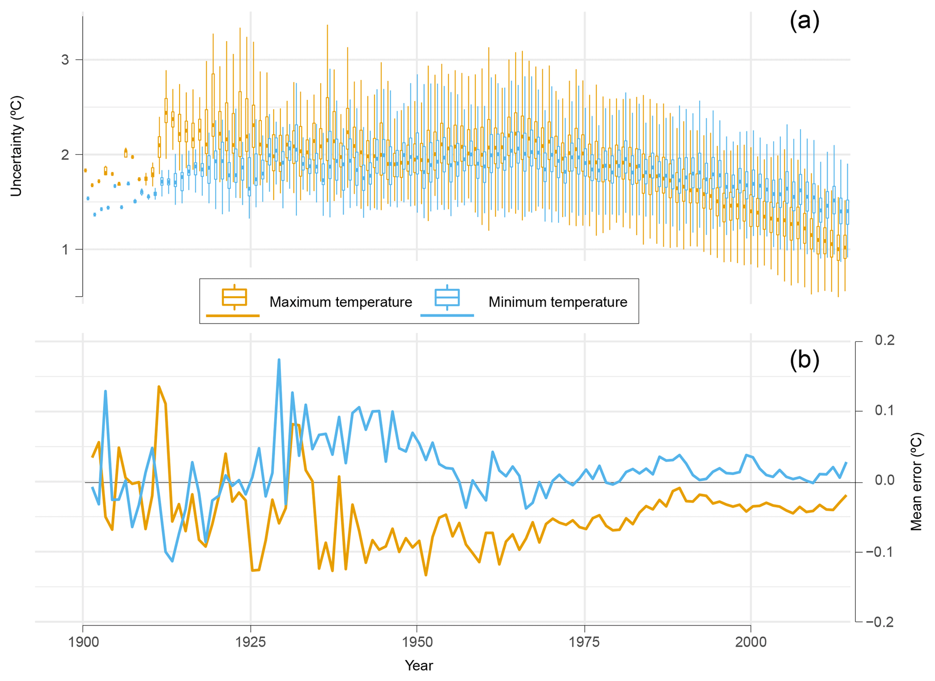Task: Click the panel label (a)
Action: [804, 21]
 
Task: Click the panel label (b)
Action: [804, 360]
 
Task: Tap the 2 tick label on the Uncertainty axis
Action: [65, 155]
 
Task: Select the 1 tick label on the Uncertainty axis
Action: [65, 250]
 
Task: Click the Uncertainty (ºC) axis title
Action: [16, 146]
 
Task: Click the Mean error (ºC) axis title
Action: [916, 482]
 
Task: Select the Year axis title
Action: [419, 666]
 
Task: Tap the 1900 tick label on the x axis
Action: [83, 643]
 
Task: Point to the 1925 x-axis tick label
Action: [250, 643]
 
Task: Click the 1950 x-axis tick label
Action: [417, 643]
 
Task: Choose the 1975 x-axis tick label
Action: [584, 643]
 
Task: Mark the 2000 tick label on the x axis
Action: [751, 643]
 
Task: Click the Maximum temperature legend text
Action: [341, 302]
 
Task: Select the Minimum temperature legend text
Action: [558, 302]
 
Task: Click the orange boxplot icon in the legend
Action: [234, 297]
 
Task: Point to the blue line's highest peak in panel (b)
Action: [279, 360]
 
